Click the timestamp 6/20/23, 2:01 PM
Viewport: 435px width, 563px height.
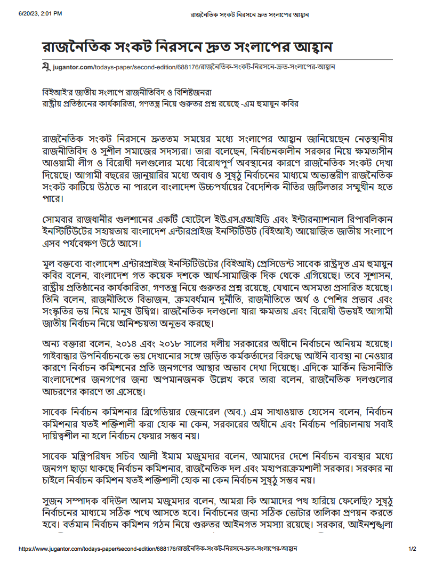pos(39,13)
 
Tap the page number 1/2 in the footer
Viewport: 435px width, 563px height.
pos(412,548)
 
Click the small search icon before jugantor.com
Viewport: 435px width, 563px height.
pos(47,67)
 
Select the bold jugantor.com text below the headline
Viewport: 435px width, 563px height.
pos(72,67)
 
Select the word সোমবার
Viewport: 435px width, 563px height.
pos(58,220)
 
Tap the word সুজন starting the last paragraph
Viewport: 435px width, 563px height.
pos(53,503)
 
